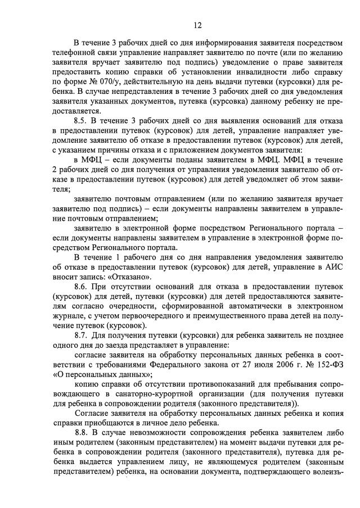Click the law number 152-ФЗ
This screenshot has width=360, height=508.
coord(322,364)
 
